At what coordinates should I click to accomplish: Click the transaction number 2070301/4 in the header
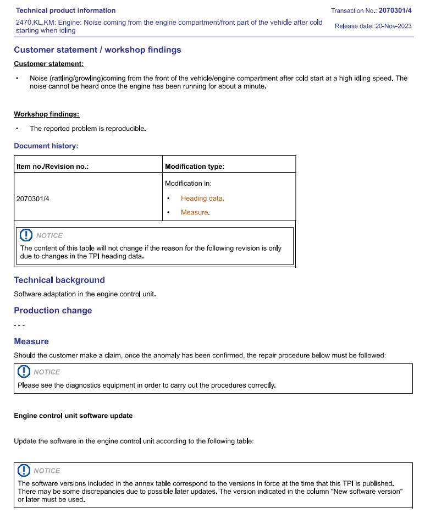point(395,10)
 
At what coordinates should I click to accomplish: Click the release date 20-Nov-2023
point(393,26)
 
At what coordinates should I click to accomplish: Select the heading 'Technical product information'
point(65,10)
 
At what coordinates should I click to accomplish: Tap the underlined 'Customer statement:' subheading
point(48,64)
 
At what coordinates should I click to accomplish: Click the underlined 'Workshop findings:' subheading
point(46,114)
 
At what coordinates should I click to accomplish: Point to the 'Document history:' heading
point(46,146)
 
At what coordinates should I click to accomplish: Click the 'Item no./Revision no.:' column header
point(52,167)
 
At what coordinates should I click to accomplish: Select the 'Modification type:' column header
point(195,167)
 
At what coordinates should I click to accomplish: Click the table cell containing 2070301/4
point(32,198)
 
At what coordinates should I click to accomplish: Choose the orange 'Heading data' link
point(202,198)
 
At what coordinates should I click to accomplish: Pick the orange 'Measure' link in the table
point(195,212)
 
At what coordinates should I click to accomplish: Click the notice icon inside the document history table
point(26,235)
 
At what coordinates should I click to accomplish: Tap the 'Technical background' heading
point(59,280)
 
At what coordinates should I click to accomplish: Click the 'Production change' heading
point(53,311)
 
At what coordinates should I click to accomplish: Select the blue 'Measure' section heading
point(31,341)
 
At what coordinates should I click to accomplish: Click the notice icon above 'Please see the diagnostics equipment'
point(24,372)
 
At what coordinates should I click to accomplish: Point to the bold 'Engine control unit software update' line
point(73,416)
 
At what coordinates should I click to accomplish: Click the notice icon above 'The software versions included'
point(24,471)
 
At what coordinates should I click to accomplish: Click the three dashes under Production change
point(19,326)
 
